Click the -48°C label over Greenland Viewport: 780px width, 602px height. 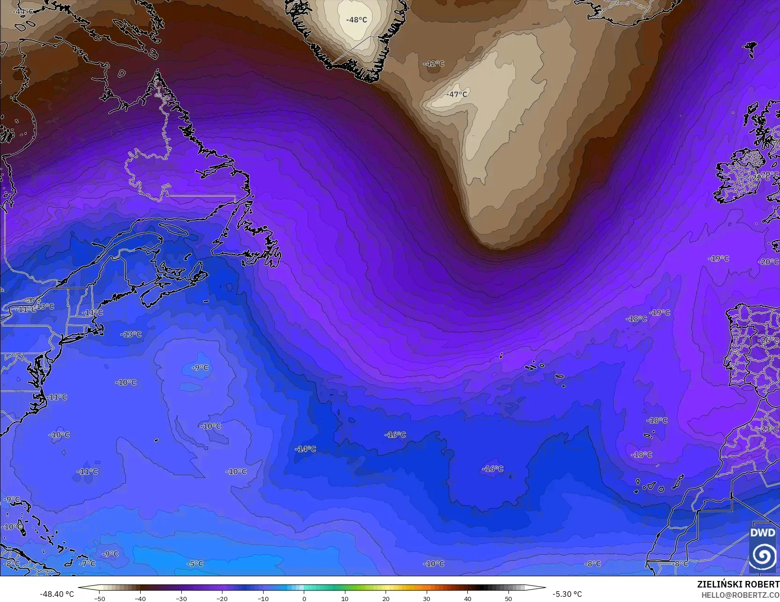point(356,20)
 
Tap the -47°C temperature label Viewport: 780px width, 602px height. point(457,94)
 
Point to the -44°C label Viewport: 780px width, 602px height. point(22,11)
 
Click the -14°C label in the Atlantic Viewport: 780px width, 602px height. point(305,449)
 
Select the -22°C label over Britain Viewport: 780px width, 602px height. point(757,178)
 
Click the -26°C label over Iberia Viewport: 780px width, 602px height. point(767,341)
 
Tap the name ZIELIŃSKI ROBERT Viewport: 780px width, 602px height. point(738,584)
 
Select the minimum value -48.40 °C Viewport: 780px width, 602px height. point(57,594)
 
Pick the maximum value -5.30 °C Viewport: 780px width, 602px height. point(567,594)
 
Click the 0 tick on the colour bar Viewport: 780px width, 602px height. point(304,598)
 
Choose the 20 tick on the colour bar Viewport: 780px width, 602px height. point(386,598)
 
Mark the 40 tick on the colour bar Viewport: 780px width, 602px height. point(467,598)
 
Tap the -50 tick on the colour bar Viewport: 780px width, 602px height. point(99,598)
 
